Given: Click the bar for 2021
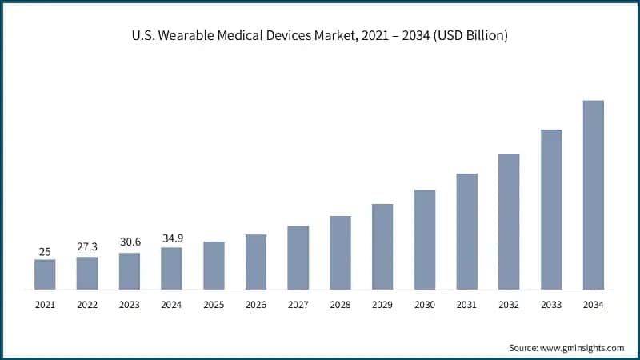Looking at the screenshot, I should point(45,274).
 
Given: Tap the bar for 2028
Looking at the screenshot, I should point(340,252).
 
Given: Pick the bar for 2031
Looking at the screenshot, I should point(466,231).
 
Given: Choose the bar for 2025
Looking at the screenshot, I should point(214,265).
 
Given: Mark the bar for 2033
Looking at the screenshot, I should point(551,209).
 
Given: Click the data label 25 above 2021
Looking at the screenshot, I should point(45,252).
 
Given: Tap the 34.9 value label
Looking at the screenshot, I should point(171,239).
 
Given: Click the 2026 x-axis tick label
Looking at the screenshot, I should point(256,305).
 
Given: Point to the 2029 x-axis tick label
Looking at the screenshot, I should point(382,305).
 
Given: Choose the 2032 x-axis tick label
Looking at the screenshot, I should point(509,305).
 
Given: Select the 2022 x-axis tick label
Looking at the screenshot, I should point(87,305).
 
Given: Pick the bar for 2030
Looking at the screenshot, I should point(425,239).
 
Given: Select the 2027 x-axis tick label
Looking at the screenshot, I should point(298,305).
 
